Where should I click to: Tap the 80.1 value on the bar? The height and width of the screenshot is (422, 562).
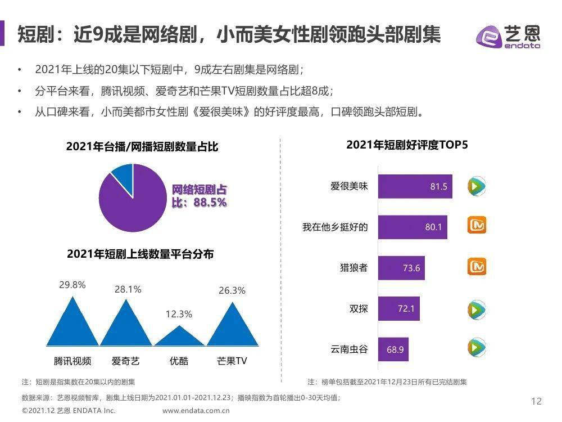(x=434, y=227)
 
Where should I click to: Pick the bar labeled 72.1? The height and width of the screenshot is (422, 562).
(x=398, y=309)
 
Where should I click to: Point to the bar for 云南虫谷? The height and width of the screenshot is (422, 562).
(x=392, y=349)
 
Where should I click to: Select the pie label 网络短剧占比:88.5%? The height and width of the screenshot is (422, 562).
(x=199, y=196)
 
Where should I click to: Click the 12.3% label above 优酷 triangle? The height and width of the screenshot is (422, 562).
(x=179, y=314)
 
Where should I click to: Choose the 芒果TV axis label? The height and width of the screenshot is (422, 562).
(x=232, y=361)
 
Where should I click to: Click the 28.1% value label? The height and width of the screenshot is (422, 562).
(x=128, y=290)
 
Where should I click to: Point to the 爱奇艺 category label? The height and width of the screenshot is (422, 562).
(x=125, y=361)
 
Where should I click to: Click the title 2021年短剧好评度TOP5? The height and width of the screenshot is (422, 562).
(x=407, y=145)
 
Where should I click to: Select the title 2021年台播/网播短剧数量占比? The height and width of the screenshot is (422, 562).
(x=142, y=147)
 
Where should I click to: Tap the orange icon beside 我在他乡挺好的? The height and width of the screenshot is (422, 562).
(x=477, y=226)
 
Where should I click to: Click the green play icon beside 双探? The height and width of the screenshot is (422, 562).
(x=477, y=309)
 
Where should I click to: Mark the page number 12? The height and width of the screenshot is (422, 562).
(x=536, y=401)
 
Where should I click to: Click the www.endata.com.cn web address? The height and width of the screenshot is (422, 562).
(x=196, y=411)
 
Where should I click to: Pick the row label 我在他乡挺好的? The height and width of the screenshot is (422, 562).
(x=335, y=227)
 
